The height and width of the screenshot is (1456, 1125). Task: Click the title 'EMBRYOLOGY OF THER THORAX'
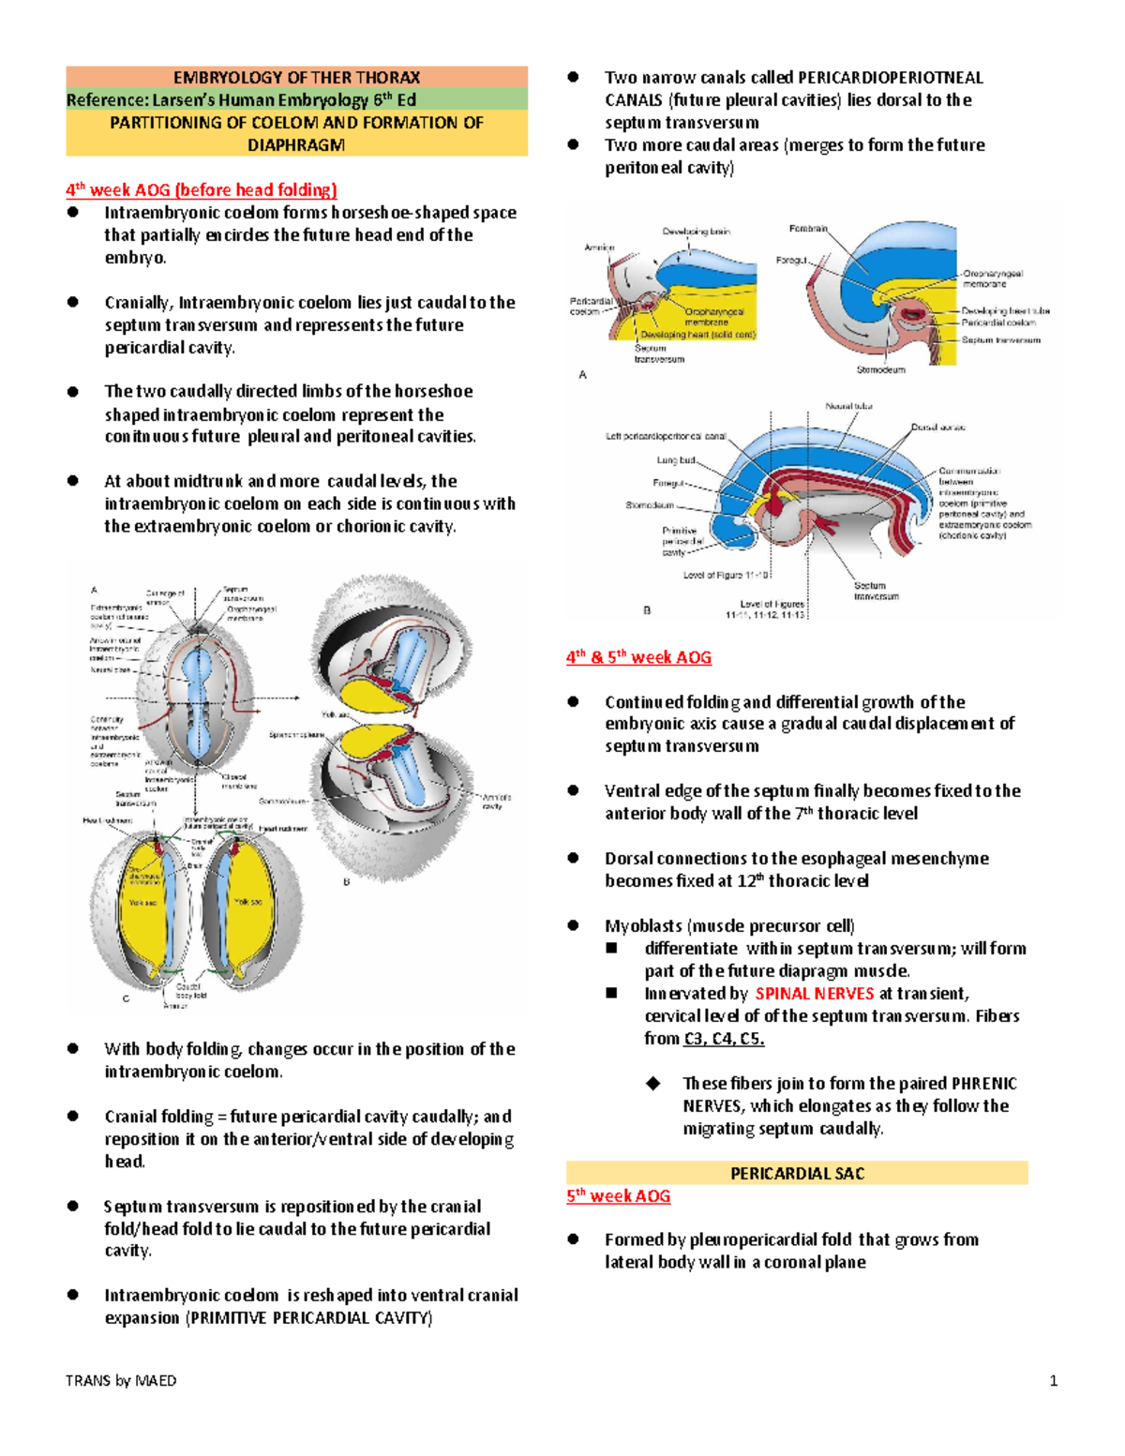point(296,78)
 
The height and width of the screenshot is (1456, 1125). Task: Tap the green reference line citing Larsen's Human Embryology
point(241,100)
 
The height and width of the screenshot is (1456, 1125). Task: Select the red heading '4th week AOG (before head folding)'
point(201,190)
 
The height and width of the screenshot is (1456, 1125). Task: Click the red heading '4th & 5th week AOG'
point(638,657)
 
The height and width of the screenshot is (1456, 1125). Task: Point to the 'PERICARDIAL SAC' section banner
point(797,1174)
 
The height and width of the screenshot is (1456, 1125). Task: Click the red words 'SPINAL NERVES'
point(814,994)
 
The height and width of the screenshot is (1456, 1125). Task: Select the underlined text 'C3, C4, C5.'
point(724,1039)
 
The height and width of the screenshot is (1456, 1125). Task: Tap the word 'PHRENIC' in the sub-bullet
point(983,1084)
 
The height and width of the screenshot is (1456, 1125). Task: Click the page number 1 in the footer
point(1054,1380)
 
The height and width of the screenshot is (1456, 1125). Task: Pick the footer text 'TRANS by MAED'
point(121,1380)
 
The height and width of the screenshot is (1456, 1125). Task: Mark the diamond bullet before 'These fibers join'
point(652,1084)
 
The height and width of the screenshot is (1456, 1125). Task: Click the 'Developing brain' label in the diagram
point(696,232)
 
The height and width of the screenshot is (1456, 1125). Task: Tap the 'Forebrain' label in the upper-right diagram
point(808,229)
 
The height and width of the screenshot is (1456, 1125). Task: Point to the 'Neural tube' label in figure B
point(848,406)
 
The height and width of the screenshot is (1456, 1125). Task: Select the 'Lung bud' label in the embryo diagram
point(675,460)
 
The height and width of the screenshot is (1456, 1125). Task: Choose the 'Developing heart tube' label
point(1005,310)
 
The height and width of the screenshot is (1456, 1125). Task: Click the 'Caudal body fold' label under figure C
point(188,991)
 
